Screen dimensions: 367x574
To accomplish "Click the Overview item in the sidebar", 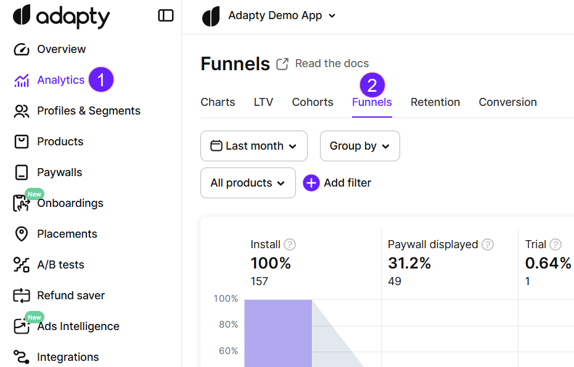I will pyautogui.click(x=60, y=49).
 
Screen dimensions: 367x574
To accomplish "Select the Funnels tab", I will pyautogui.click(x=372, y=102).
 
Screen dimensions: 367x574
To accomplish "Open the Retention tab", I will pyautogui.click(x=435, y=102).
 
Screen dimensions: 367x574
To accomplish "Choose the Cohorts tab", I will pyautogui.click(x=313, y=102).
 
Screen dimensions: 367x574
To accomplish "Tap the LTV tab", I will pyautogui.click(x=263, y=102).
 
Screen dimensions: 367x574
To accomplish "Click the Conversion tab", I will pyautogui.click(x=507, y=102).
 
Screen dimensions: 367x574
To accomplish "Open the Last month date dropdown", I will pyautogui.click(x=254, y=146).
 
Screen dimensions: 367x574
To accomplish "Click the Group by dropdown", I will pyautogui.click(x=359, y=146).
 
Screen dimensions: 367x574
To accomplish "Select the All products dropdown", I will pyautogui.click(x=248, y=183).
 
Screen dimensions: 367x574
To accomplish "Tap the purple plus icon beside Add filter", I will pyautogui.click(x=311, y=183).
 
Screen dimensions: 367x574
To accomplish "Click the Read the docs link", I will pyautogui.click(x=332, y=63).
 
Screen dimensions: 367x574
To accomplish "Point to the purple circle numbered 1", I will pyautogui.click(x=101, y=80).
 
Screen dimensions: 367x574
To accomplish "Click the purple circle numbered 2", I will pyautogui.click(x=372, y=84).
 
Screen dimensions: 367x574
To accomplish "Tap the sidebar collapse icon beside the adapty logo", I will pyautogui.click(x=166, y=15).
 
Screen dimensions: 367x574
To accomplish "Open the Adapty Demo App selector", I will pyautogui.click(x=281, y=15).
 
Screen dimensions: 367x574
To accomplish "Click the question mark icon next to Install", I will pyautogui.click(x=290, y=244).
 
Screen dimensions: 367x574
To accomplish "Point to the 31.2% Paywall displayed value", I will pyautogui.click(x=409, y=264).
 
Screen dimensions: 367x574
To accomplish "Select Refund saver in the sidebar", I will pyautogui.click(x=70, y=296).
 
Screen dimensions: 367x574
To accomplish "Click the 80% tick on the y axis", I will pyautogui.click(x=226, y=325).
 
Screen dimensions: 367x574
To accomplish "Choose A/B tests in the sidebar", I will pyautogui.click(x=60, y=265).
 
